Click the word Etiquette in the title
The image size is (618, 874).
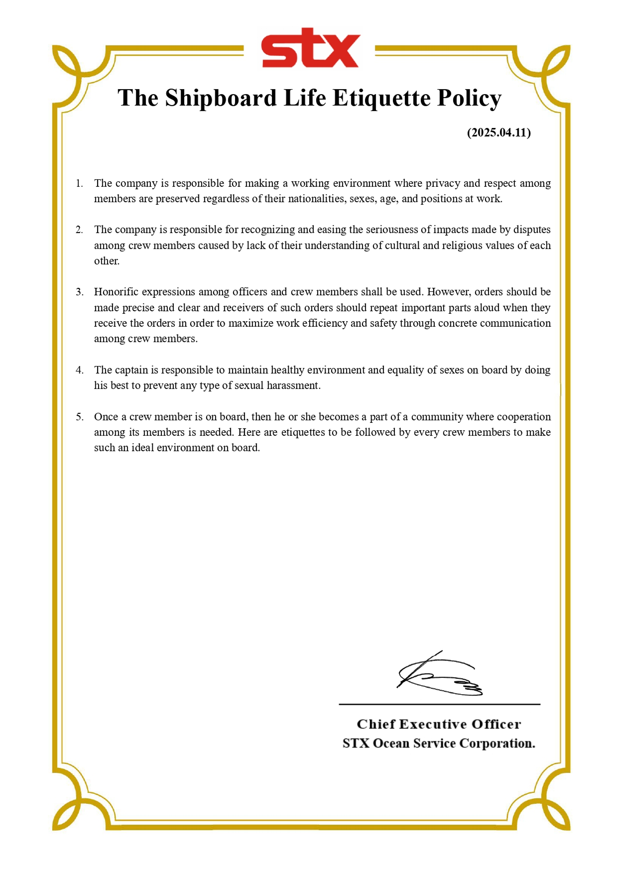[x=381, y=98]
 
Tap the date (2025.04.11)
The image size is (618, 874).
[x=498, y=132]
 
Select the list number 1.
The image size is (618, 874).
[x=79, y=184]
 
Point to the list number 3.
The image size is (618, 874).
[x=79, y=292]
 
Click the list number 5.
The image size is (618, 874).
[x=79, y=417]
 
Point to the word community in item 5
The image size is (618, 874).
[x=437, y=417]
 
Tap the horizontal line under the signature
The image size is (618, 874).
[x=439, y=704]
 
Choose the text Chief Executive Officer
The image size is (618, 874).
[x=439, y=724]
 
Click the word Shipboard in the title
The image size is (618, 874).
[x=221, y=98]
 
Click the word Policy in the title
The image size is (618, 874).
[x=469, y=98]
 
